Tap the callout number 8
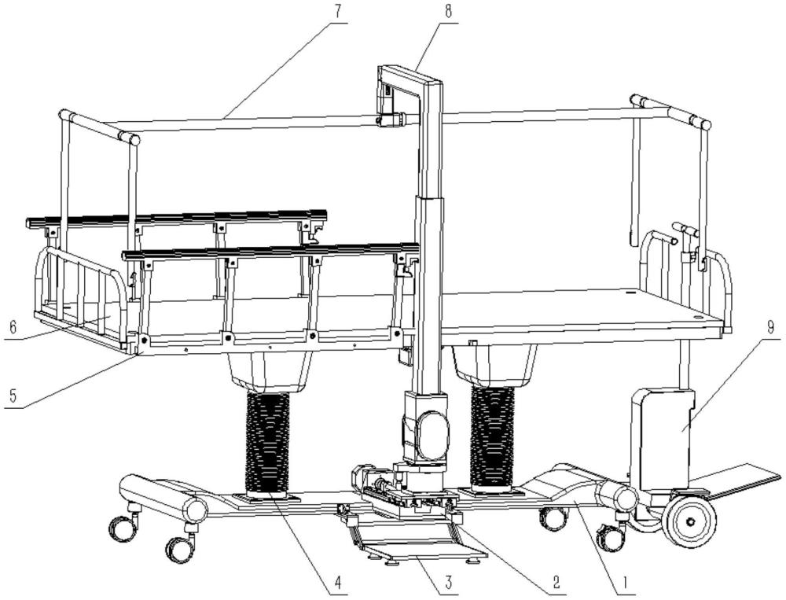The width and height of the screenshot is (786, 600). tap(448, 12)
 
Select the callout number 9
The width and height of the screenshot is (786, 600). tap(770, 329)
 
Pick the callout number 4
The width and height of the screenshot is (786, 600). tap(338, 583)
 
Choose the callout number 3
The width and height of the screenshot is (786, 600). tap(448, 583)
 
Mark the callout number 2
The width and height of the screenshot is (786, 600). tap(556, 583)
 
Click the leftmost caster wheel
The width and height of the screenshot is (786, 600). tap(121, 528)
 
